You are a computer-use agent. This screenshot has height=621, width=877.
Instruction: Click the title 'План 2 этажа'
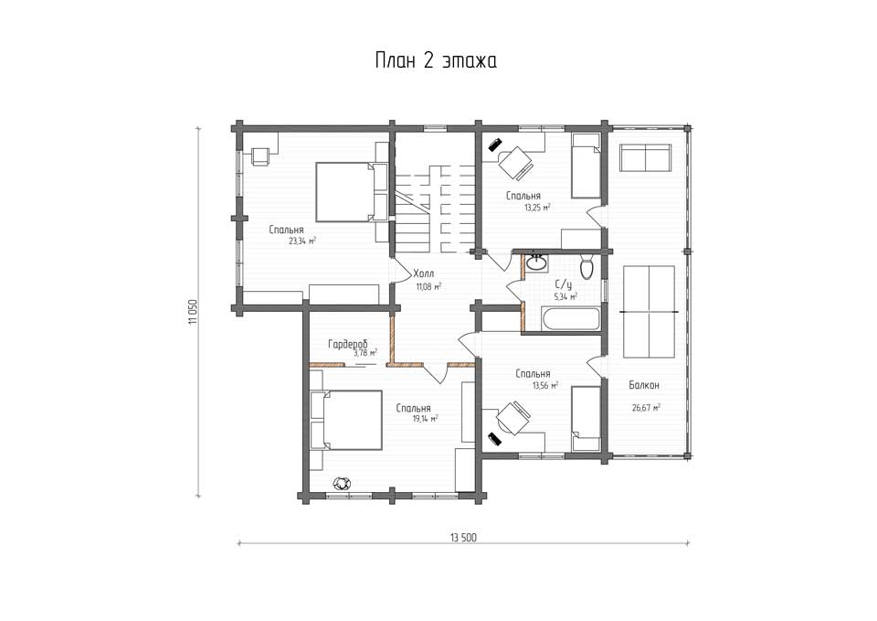pyautogui.click(x=436, y=60)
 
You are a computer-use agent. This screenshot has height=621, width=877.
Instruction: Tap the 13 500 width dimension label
pyautogui.click(x=464, y=538)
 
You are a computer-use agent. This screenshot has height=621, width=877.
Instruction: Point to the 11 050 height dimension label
pyautogui.click(x=193, y=312)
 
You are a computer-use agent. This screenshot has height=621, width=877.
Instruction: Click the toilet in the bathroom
pyautogui.click(x=586, y=266)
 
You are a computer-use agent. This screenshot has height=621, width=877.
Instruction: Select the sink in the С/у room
pyautogui.click(x=536, y=262)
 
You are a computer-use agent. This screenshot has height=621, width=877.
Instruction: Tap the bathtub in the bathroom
pyautogui.click(x=570, y=317)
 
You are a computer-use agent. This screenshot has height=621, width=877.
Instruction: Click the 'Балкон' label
pyautogui.click(x=644, y=385)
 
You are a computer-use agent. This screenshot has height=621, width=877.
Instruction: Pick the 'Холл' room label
pyautogui.click(x=423, y=273)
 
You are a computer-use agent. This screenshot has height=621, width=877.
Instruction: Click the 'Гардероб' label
pyautogui.click(x=347, y=344)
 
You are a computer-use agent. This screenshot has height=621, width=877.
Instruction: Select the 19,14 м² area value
pyautogui.click(x=425, y=418)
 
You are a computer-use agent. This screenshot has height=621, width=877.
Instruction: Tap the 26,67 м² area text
pyautogui.click(x=646, y=408)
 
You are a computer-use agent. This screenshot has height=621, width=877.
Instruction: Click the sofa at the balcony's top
pyautogui.click(x=646, y=158)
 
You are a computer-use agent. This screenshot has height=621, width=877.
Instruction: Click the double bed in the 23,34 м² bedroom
pyautogui.click(x=345, y=192)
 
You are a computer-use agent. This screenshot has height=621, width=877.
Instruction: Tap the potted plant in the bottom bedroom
pyautogui.click(x=341, y=482)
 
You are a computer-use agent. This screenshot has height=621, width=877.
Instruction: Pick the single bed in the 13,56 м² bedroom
pyautogui.click(x=586, y=419)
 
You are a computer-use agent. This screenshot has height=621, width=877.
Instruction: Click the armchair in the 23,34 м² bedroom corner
pyautogui.click(x=260, y=156)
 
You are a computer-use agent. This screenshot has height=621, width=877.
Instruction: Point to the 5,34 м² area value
pyautogui.click(x=565, y=297)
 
